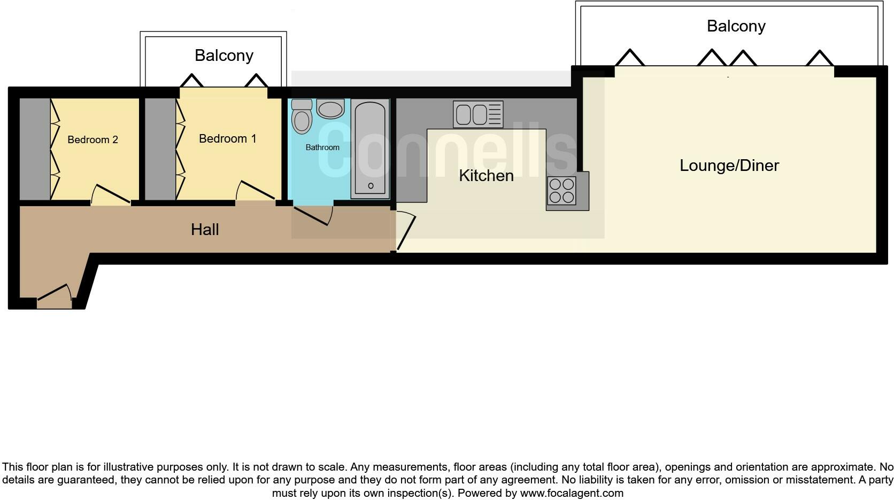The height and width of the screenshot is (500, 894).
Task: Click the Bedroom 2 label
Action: pos(93,140)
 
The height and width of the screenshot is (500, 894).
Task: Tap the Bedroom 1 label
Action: pos(227,139)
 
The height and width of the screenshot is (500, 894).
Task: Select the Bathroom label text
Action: pos(322,147)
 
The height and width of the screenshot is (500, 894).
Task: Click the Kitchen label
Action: pos(486,176)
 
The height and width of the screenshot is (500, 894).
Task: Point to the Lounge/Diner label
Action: pos(729,166)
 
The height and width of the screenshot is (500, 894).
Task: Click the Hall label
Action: pos(205,230)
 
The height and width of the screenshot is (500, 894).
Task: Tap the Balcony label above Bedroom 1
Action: pos(223,56)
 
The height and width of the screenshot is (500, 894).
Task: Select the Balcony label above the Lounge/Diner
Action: pos(736,26)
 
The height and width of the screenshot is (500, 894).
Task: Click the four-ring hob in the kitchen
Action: pos(561,191)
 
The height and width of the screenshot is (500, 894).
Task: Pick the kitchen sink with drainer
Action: pos(478,114)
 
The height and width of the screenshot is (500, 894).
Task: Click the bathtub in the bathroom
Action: pos(370,149)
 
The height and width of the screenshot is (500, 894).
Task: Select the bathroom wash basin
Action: pos(330,110)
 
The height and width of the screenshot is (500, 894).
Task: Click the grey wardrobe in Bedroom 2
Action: pos(35,149)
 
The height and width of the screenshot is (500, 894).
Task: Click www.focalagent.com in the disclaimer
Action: pos(571,493)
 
